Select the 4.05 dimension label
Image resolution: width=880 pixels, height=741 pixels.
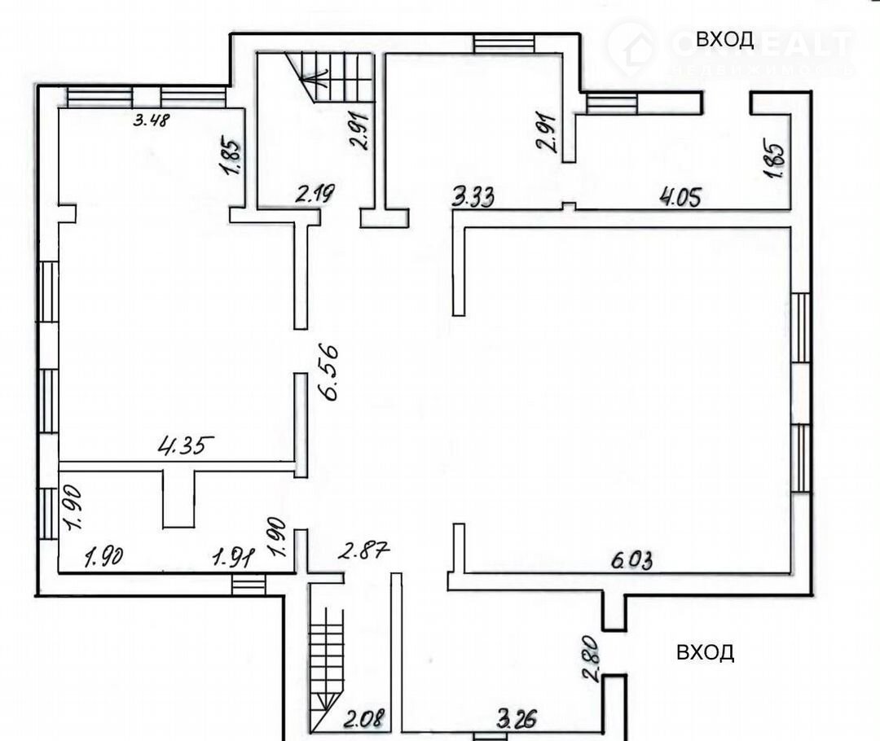pos(680,196)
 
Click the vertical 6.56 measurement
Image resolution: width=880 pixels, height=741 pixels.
pos(332,372)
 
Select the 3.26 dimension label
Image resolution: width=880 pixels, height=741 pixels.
pos(516,719)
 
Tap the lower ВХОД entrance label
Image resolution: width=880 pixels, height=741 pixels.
pos(705,652)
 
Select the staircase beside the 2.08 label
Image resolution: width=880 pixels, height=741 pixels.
pos(327,651)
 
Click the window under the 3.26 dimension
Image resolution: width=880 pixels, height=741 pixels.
pos(489,737)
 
